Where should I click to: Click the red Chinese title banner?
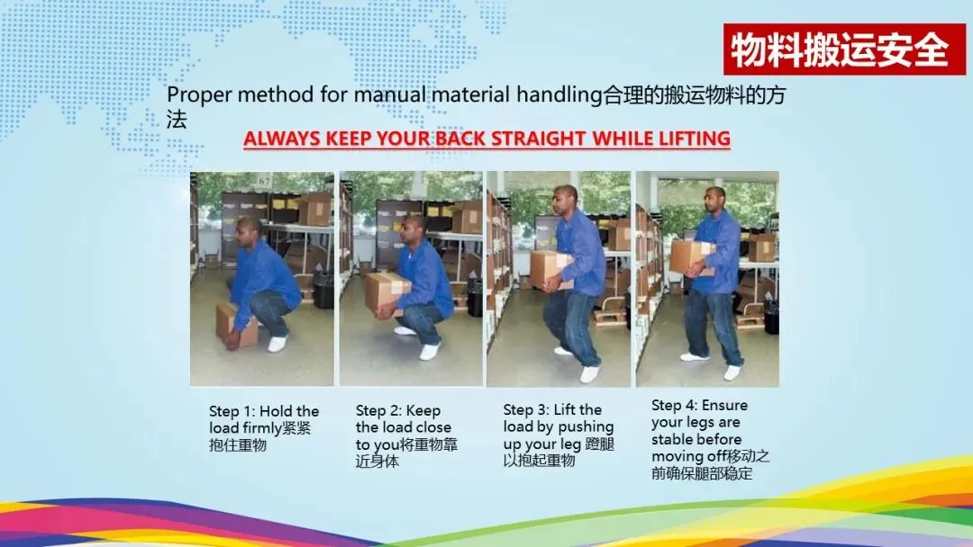click(844, 49)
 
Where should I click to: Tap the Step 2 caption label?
click(378, 411)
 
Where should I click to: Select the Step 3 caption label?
click(526, 409)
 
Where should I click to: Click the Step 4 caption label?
click(675, 405)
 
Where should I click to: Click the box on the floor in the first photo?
click(236, 325)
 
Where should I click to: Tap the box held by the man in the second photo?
click(386, 292)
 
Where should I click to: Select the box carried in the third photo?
click(550, 270)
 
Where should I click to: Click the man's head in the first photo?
click(248, 234)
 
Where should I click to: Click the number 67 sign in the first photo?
click(265, 181)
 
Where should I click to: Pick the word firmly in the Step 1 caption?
click(262, 428)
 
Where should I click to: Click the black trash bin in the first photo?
click(323, 289)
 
